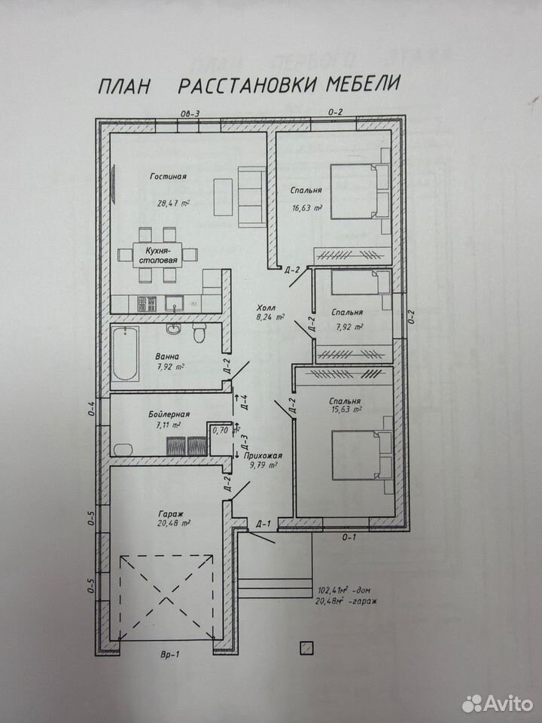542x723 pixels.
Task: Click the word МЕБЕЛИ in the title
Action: coord(362,84)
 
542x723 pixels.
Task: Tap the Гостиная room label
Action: coord(168,176)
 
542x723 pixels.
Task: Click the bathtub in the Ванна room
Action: coord(125,353)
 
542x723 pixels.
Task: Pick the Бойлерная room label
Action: coord(169,414)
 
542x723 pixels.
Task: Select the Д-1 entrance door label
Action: coord(263,523)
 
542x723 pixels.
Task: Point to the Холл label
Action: coord(266,308)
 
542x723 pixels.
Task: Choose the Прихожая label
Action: coord(263,456)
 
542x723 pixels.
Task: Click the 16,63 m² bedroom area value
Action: coord(306,208)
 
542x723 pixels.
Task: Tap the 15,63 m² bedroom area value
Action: coord(346,409)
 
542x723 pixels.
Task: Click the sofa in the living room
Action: coord(251,197)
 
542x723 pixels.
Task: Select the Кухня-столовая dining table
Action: coord(157,255)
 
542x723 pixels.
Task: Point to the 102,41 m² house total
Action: coord(344,590)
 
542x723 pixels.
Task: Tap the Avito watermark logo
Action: coord(498,703)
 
